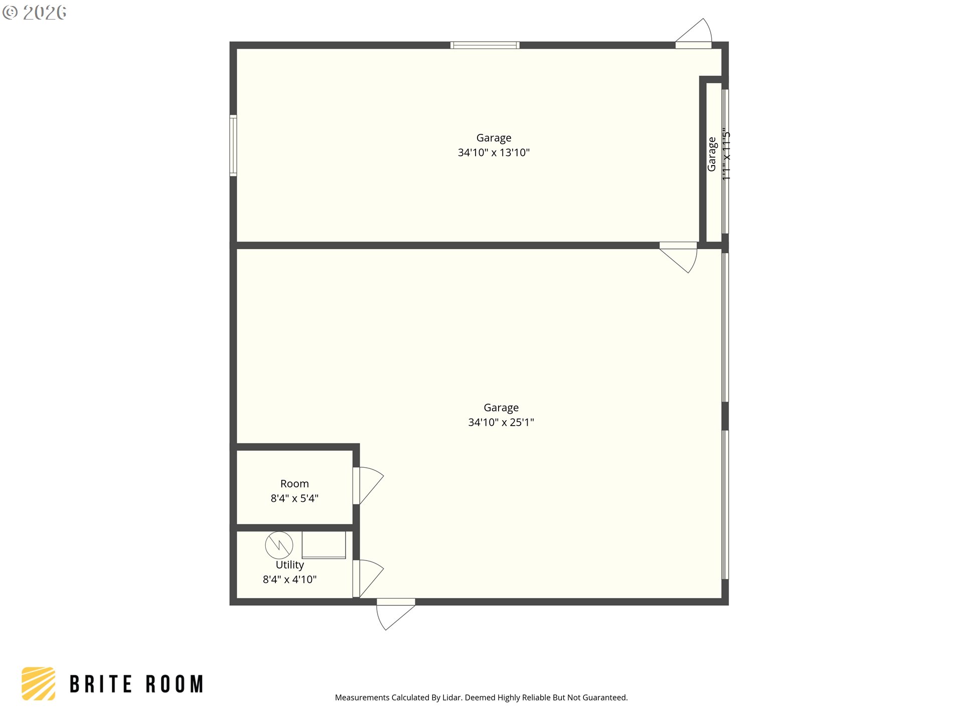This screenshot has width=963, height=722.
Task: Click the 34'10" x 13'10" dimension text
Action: coord(494,152)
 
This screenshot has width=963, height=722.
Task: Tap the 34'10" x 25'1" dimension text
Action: coord(501,422)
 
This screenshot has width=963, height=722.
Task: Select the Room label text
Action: coord(294,484)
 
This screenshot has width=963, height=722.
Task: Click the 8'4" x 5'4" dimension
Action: coord(294,498)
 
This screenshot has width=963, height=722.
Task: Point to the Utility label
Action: coord(290,565)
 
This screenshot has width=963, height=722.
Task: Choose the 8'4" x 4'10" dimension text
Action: coord(290,580)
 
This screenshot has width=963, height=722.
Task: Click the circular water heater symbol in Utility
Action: coord(279,546)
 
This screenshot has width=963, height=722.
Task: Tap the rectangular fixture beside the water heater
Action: coord(324,545)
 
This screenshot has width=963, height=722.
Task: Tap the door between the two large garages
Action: coord(680,256)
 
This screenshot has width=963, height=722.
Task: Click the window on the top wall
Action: coord(485,46)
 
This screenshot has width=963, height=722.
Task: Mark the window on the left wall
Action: coord(233,145)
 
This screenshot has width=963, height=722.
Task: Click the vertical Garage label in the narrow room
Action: coord(712,154)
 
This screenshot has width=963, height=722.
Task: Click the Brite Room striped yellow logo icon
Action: coord(39,683)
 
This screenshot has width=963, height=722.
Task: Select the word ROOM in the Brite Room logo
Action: coord(175,684)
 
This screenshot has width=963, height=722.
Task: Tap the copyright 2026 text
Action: coord(35,13)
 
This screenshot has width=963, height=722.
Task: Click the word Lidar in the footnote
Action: coord(451,697)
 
